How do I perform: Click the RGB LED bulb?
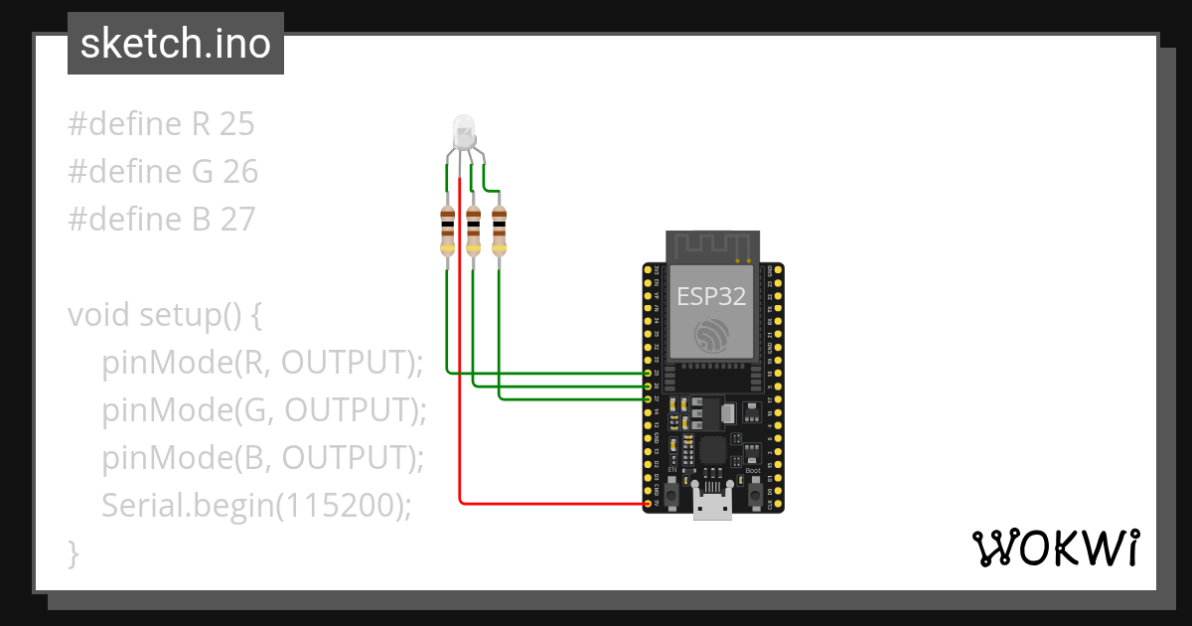[463, 130]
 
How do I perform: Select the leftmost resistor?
[448, 231]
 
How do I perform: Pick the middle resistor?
[474, 231]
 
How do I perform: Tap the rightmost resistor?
[499, 231]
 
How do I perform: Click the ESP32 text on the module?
[711, 296]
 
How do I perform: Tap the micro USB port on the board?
[712, 507]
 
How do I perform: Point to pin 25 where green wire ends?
[648, 374]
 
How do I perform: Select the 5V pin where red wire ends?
[648, 503]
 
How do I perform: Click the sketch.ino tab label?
[176, 44]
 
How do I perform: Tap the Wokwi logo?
[1055, 548]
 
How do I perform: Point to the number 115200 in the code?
[337, 506]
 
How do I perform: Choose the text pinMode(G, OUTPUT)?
[263, 410]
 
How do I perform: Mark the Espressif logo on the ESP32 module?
[711, 337]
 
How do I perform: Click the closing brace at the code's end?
[73, 552]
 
